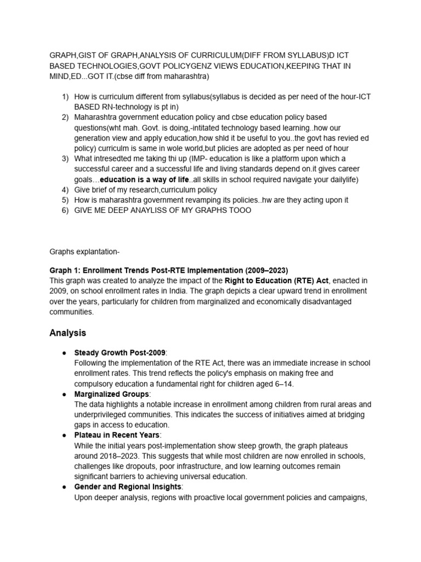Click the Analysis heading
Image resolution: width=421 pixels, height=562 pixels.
67,333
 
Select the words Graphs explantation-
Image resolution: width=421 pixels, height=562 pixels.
84,252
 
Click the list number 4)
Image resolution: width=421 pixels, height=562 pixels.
65,190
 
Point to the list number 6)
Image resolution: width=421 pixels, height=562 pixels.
65,211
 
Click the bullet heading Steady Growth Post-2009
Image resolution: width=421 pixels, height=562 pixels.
120,352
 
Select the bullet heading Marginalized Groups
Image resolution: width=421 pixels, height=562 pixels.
111,394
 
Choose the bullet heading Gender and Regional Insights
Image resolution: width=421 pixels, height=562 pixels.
128,487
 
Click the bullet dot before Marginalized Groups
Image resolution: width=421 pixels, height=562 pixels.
64,394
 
